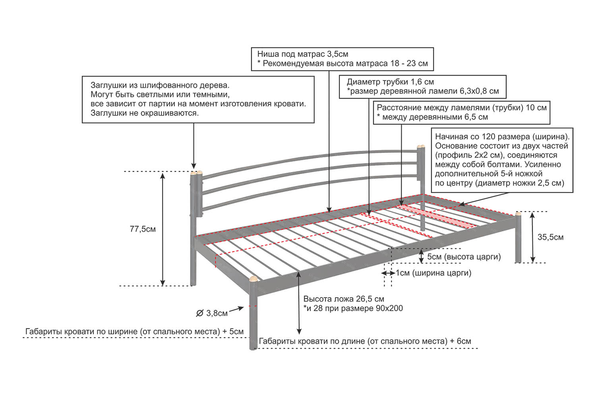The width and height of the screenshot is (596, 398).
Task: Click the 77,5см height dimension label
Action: (143, 229)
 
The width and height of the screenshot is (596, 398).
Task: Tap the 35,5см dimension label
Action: (550, 237)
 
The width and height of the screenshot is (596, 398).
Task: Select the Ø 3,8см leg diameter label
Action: (212, 313)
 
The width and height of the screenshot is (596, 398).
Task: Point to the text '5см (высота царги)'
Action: (464, 257)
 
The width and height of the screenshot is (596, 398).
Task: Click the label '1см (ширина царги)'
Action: (433, 273)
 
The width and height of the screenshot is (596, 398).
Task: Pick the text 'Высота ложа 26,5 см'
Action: (344, 299)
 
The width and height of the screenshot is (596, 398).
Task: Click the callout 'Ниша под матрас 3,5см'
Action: (302, 54)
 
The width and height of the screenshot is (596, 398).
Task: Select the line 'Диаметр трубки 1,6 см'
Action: (390, 82)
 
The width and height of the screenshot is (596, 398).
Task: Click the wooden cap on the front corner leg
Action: (253, 279)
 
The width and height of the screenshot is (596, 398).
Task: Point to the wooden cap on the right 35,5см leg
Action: (518, 213)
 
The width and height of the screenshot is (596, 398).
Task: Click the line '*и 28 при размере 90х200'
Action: (353, 308)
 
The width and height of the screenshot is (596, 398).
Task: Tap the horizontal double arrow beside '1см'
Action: (388, 273)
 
